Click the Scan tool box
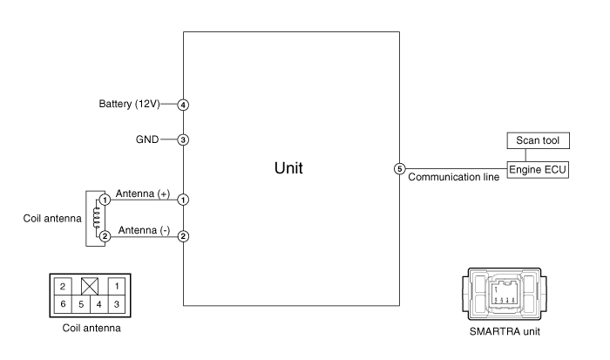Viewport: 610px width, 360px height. coord(538,140)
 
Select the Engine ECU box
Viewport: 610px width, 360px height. coord(538,170)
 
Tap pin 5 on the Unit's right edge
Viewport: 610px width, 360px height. coord(399,169)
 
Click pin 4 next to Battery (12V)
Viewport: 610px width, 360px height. coord(183,105)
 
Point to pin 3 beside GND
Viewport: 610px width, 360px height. coord(183,139)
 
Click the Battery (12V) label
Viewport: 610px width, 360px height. coord(129,104)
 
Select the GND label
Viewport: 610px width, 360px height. coord(147,139)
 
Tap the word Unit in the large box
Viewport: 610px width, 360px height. coord(288,168)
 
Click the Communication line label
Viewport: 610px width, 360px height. coord(454,177)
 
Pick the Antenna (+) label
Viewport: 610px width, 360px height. coord(143,194)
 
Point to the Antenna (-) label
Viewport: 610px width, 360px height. coord(144,230)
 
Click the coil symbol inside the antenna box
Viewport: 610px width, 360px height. coord(97,218)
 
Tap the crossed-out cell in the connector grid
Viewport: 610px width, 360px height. coord(90,287)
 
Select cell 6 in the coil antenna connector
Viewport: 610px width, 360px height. coord(63,304)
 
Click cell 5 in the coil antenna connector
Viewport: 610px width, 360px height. coord(81,304)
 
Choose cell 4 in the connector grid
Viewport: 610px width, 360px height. coord(98,304)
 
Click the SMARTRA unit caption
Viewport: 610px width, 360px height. coord(505,331)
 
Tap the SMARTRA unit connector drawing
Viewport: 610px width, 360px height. coord(505,294)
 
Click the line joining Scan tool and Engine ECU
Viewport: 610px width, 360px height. coord(525,155)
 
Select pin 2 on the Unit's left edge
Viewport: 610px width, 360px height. coord(183,236)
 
